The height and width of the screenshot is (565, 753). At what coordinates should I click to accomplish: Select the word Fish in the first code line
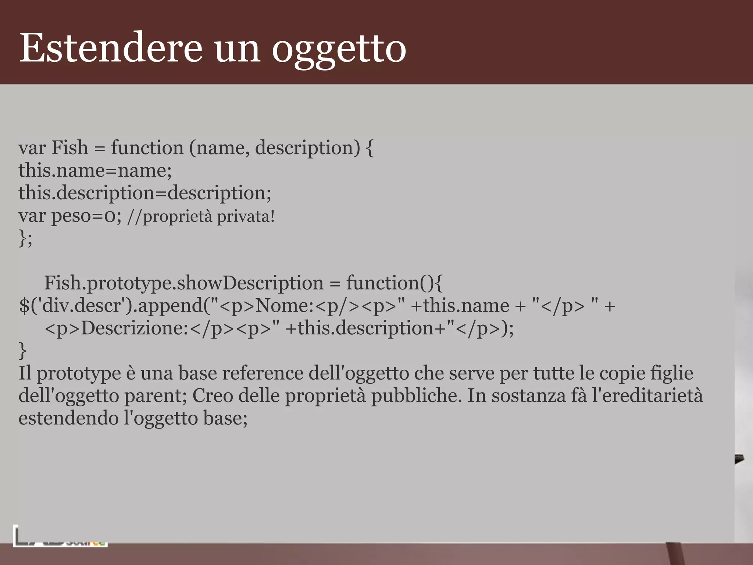point(69,148)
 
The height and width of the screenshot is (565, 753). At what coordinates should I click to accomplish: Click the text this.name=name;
point(95,171)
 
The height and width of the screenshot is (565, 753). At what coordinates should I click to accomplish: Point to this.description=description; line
point(145,193)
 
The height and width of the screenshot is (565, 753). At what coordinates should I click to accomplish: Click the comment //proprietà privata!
point(201,216)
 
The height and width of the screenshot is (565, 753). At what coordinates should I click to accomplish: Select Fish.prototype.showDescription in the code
point(183,283)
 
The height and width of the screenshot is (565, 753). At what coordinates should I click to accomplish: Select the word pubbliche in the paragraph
point(415,396)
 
